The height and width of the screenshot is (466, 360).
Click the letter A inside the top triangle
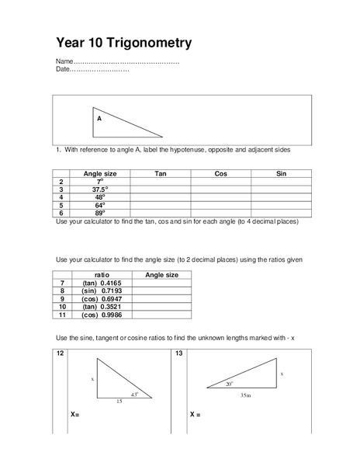99,119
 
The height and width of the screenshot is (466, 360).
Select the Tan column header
161,173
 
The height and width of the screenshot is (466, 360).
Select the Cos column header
220,173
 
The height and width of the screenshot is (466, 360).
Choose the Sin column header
281,173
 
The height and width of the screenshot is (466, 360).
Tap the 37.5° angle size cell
99,189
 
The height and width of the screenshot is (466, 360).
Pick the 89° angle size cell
99,212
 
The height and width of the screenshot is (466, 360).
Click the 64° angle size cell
99,204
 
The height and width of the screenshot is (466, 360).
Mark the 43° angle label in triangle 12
133,395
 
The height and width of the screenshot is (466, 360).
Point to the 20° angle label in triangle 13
230,384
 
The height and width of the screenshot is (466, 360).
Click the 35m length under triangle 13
245,395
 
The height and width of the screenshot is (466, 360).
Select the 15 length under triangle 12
119,402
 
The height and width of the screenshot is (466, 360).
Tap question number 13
178,353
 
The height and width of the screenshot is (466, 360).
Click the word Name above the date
64,61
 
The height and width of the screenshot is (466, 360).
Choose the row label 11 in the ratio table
64,315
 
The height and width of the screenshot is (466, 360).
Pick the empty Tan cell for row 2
161,181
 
